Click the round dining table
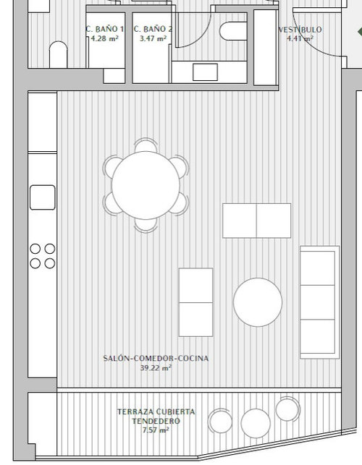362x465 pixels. pyautogui.click(x=146, y=185)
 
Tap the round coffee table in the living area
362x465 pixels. pyautogui.click(x=258, y=302)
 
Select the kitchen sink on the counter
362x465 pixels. pyautogui.click(x=43, y=197)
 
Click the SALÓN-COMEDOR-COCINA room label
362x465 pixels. pyautogui.click(x=156, y=358)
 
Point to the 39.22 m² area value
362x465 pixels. pyautogui.click(x=156, y=368)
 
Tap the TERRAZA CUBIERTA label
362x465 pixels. pyautogui.click(x=156, y=411)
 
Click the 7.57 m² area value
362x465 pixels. pyautogui.click(x=156, y=430)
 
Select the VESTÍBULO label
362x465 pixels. pyautogui.click(x=300, y=30)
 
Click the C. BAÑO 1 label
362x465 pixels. pyautogui.click(x=104, y=29)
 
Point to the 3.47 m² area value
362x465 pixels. pyautogui.click(x=153, y=38)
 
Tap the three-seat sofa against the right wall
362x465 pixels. pyautogui.click(x=319, y=302)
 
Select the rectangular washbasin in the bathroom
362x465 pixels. pyautogui.click(x=205, y=72)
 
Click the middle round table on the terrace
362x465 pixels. pyautogui.click(x=256, y=423)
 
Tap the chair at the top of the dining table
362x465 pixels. pyautogui.click(x=146, y=145)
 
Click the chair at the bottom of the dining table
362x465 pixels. pyautogui.click(x=146, y=226)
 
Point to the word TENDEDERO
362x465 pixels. pyautogui.click(x=156, y=421)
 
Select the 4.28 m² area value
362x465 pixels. pyautogui.click(x=105, y=38)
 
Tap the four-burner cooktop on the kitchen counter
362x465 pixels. pyautogui.click(x=43, y=256)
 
